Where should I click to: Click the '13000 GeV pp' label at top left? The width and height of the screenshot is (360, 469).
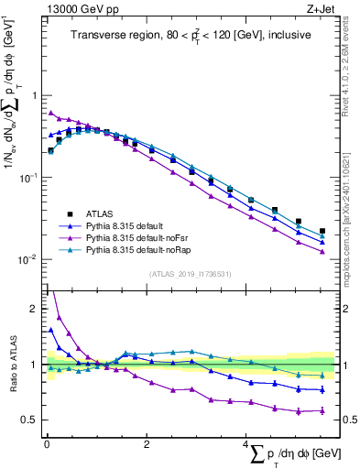pyautogui.click(x=77, y=10)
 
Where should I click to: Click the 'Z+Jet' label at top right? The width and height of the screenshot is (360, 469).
pyautogui.click(x=316, y=10)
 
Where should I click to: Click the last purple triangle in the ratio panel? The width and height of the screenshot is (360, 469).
pyautogui.click(x=322, y=410)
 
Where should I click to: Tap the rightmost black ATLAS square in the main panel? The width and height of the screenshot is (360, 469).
pyautogui.click(x=322, y=232)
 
